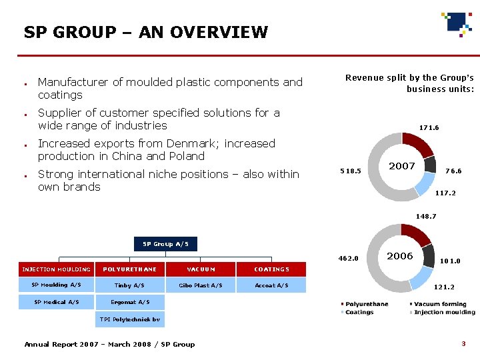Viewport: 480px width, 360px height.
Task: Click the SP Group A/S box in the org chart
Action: tap(165, 244)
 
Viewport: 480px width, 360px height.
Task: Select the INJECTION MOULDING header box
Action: tap(57, 269)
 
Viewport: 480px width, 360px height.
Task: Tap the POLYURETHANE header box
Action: tap(129, 269)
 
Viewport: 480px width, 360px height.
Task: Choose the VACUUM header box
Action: tap(201, 269)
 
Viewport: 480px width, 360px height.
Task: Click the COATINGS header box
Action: tap(271, 269)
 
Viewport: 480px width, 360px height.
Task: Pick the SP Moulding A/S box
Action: tap(57, 285)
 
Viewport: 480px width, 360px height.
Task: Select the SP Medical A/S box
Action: tap(57, 302)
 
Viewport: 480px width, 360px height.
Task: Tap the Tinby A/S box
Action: tap(129, 285)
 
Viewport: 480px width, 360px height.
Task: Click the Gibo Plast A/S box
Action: tap(201, 285)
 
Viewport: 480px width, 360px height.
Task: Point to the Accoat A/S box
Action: tap(271, 285)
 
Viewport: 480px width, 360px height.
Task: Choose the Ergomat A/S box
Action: tap(129, 302)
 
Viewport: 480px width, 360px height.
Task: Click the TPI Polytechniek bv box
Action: tap(129, 319)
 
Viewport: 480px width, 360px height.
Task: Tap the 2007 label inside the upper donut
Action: tap(402, 166)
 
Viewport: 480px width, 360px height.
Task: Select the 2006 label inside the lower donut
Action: tap(400, 256)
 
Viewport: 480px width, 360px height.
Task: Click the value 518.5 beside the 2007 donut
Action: tap(350, 171)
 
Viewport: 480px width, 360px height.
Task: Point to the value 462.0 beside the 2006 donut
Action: tap(349, 259)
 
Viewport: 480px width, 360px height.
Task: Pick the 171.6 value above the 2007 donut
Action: tap(429, 127)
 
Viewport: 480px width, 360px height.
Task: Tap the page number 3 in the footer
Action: tap(463, 343)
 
